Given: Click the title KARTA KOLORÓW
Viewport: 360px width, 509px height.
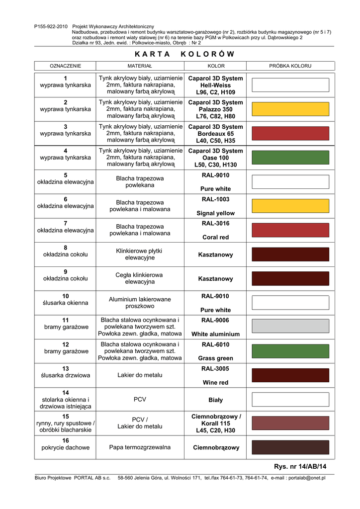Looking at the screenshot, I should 184,54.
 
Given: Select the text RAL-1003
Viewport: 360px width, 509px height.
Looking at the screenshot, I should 216,199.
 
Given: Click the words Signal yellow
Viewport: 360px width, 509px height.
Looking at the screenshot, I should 216,213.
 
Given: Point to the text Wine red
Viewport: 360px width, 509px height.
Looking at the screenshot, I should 216,383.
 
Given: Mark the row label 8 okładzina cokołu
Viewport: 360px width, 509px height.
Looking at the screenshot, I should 66,251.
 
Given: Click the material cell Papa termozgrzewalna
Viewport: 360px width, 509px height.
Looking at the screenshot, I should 140,447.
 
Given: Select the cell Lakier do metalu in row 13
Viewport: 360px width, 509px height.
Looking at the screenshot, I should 140,375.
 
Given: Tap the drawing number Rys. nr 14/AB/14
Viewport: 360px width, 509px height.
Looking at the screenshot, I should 300,466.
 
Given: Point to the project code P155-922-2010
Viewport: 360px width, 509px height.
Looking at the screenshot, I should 51,26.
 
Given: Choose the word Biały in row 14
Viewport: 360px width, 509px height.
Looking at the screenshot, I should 216,400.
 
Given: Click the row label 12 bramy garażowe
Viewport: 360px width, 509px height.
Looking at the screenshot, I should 66,348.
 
